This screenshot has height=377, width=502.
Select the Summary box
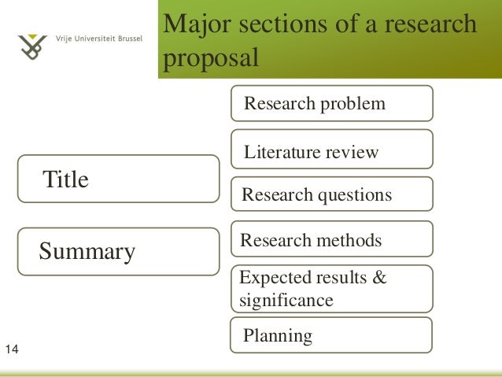[119, 252]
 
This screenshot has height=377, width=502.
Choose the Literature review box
[331, 150]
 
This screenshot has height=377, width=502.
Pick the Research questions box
[331, 194]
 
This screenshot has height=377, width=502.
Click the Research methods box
[331, 240]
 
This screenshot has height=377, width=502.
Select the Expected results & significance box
[331, 289]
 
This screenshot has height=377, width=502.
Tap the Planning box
[331, 335]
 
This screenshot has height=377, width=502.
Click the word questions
[354, 195]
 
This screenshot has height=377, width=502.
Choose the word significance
[286, 300]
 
